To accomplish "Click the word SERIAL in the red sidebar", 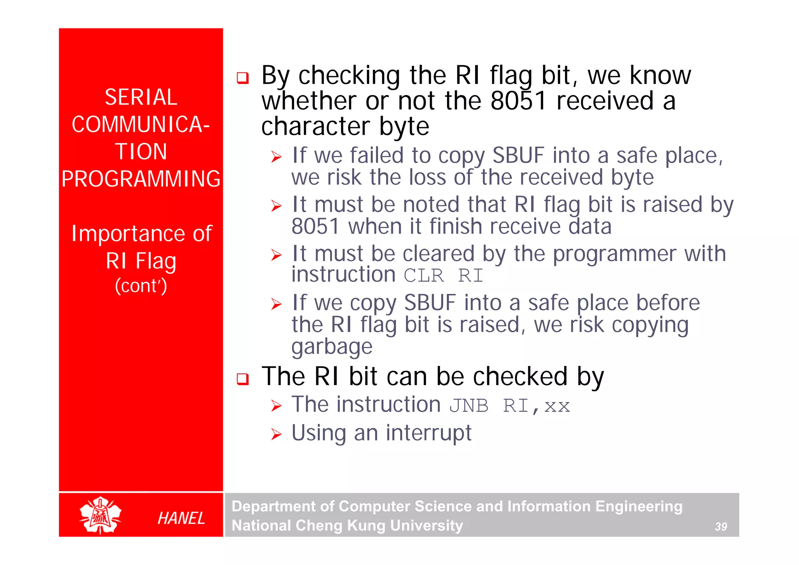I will [141, 97].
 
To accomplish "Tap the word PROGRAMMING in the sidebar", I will [141, 179].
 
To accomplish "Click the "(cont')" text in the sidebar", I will [141, 286].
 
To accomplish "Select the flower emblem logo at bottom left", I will [101, 515].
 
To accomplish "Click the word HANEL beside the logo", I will [181, 518].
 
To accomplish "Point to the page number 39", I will [721, 527].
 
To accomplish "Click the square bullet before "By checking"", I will [243, 78].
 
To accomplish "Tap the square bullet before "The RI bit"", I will [243, 378].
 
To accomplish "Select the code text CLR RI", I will [443, 276].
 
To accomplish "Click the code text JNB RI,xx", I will [509, 406].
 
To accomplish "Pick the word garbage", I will [332, 347].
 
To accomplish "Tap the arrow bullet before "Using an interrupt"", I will [276, 434].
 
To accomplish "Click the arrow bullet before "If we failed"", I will [276, 157].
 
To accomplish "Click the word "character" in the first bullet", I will [315, 127].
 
